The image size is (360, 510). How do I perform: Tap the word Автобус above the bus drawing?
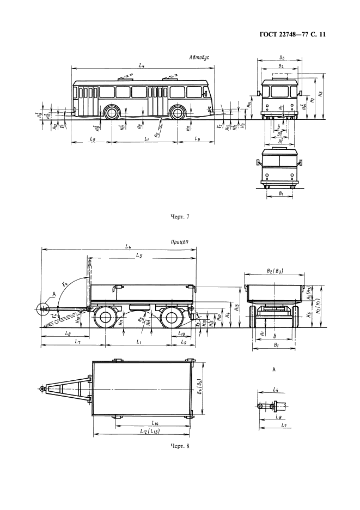[199, 57]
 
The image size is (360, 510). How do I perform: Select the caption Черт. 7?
[179, 216]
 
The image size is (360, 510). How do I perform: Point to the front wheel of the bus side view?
[112, 113]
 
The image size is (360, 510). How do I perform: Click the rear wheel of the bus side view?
[177, 113]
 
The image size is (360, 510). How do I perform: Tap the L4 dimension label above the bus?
[141, 65]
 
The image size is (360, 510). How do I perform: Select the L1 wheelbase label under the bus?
[146, 140]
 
